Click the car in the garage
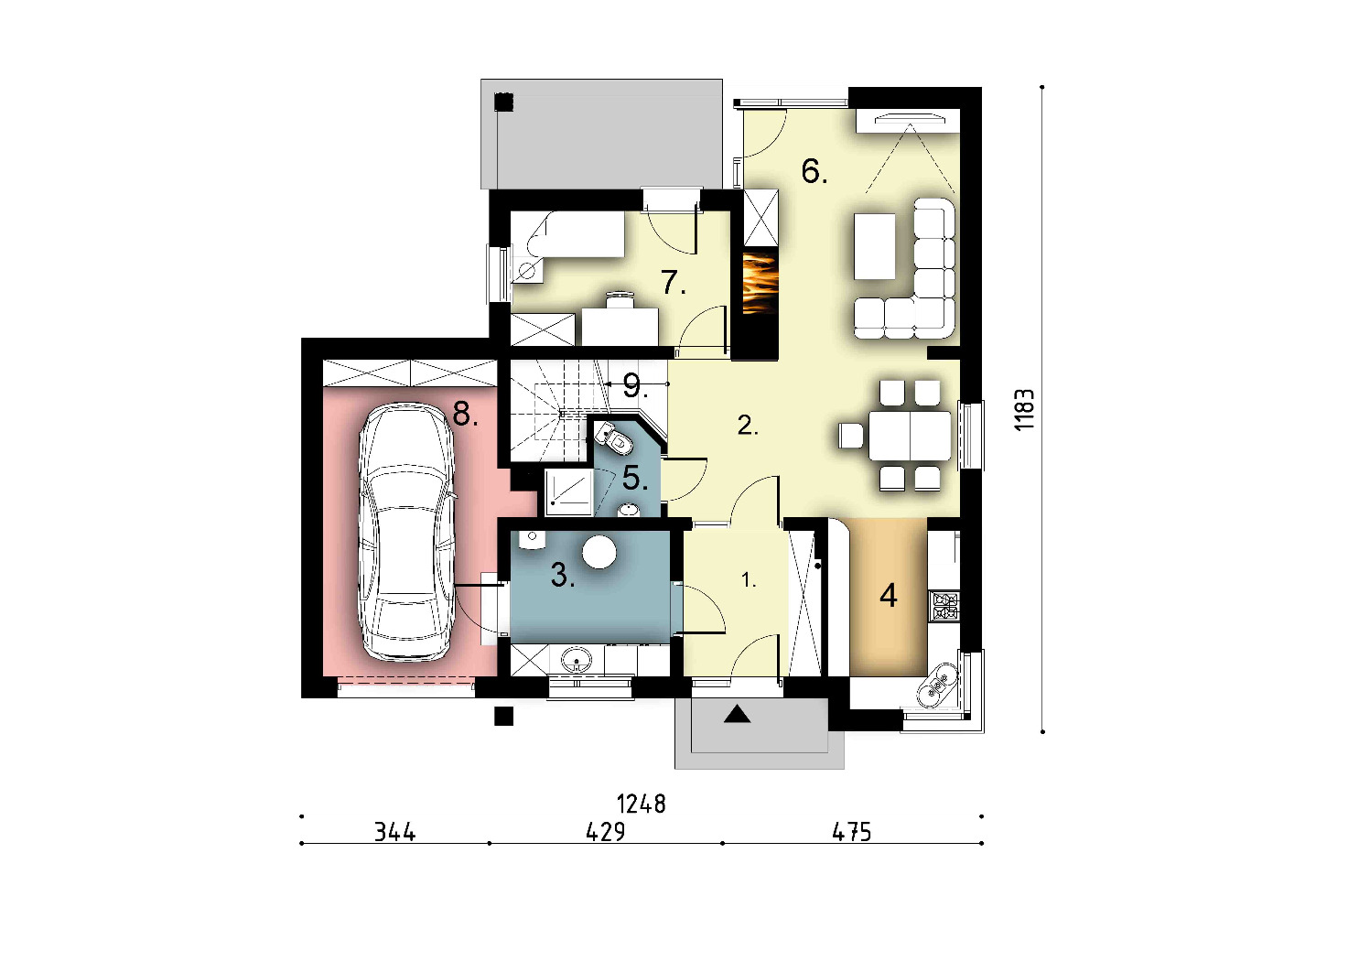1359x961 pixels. [x=406, y=532]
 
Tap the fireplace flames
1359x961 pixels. [x=760, y=284]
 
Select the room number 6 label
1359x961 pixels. [x=814, y=171]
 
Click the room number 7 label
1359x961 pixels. [x=674, y=282]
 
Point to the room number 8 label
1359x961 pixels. [x=465, y=416]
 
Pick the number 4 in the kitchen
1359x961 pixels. [x=889, y=596]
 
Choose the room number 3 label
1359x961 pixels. [x=563, y=575]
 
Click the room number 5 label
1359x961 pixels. [x=635, y=479]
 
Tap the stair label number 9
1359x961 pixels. [x=635, y=386]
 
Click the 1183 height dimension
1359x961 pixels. [x=1025, y=410]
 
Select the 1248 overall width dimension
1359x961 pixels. [x=642, y=804]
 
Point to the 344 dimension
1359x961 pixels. [x=395, y=832]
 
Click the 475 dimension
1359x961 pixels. [x=852, y=832]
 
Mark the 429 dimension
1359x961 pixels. [x=606, y=832]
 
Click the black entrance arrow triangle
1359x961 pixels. [x=737, y=714]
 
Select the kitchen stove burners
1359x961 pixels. [x=944, y=606]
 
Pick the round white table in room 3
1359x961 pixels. [x=599, y=552]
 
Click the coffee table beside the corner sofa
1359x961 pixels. [x=874, y=246]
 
